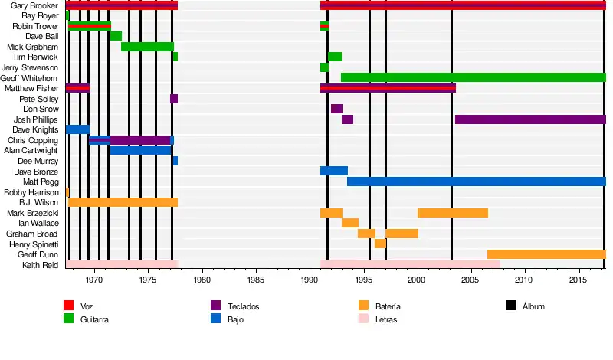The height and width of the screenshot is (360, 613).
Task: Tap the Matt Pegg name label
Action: tap(44, 182)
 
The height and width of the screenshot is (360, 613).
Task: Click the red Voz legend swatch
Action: tap(68, 306)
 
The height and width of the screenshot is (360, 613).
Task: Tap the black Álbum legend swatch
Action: tap(511, 306)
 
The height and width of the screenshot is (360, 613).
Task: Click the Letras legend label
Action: tap(386, 319)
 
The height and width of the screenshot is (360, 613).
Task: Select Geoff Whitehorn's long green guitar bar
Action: tap(473, 77)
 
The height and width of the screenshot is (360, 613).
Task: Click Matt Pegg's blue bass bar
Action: tap(476, 182)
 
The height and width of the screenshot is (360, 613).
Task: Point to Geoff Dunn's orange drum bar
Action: tap(546, 254)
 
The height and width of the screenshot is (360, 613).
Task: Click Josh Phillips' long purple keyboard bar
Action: tap(530, 119)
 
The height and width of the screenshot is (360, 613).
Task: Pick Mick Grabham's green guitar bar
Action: tap(147, 47)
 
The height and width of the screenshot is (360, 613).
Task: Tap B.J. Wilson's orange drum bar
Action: tap(123, 202)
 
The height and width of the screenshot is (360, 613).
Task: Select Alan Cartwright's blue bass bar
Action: tap(140, 150)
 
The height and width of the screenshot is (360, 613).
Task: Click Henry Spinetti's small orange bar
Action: tap(380, 244)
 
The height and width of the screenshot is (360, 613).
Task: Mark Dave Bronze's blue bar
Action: tap(333, 171)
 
